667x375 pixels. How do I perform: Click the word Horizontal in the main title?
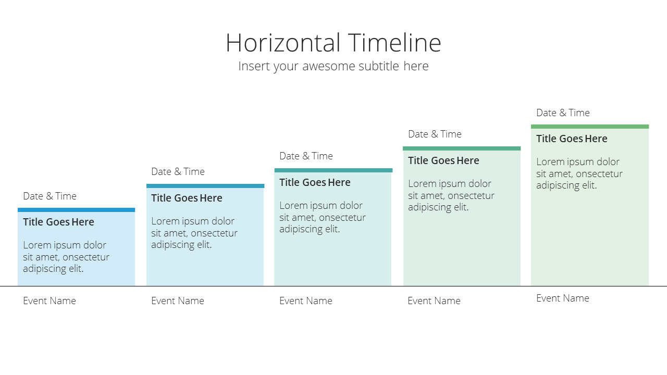(283, 43)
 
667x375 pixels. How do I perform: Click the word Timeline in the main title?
(394, 43)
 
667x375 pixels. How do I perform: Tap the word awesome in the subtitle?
(328, 66)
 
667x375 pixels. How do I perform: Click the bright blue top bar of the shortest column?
(76, 210)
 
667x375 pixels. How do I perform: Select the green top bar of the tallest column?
(590, 127)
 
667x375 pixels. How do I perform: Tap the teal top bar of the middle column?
(333, 170)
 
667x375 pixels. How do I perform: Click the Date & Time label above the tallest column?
(563, 113)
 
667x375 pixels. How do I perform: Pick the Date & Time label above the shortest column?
(50, 196)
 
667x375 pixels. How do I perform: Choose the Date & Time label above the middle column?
(306, 156)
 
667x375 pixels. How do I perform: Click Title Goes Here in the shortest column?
(59, 222)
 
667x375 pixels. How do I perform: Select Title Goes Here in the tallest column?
(572, 139)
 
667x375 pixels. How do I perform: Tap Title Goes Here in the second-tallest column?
(443, 161)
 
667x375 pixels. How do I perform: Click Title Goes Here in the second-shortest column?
(187, 198)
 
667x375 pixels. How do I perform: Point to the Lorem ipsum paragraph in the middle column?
(323, 217)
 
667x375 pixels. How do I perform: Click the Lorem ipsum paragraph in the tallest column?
(579, 173)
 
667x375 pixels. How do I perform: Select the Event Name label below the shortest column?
(50, 301)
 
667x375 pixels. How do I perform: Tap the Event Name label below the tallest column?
(563, 298)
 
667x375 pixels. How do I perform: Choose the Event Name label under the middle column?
(306, 301)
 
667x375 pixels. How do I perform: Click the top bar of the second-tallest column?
(462, 148)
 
